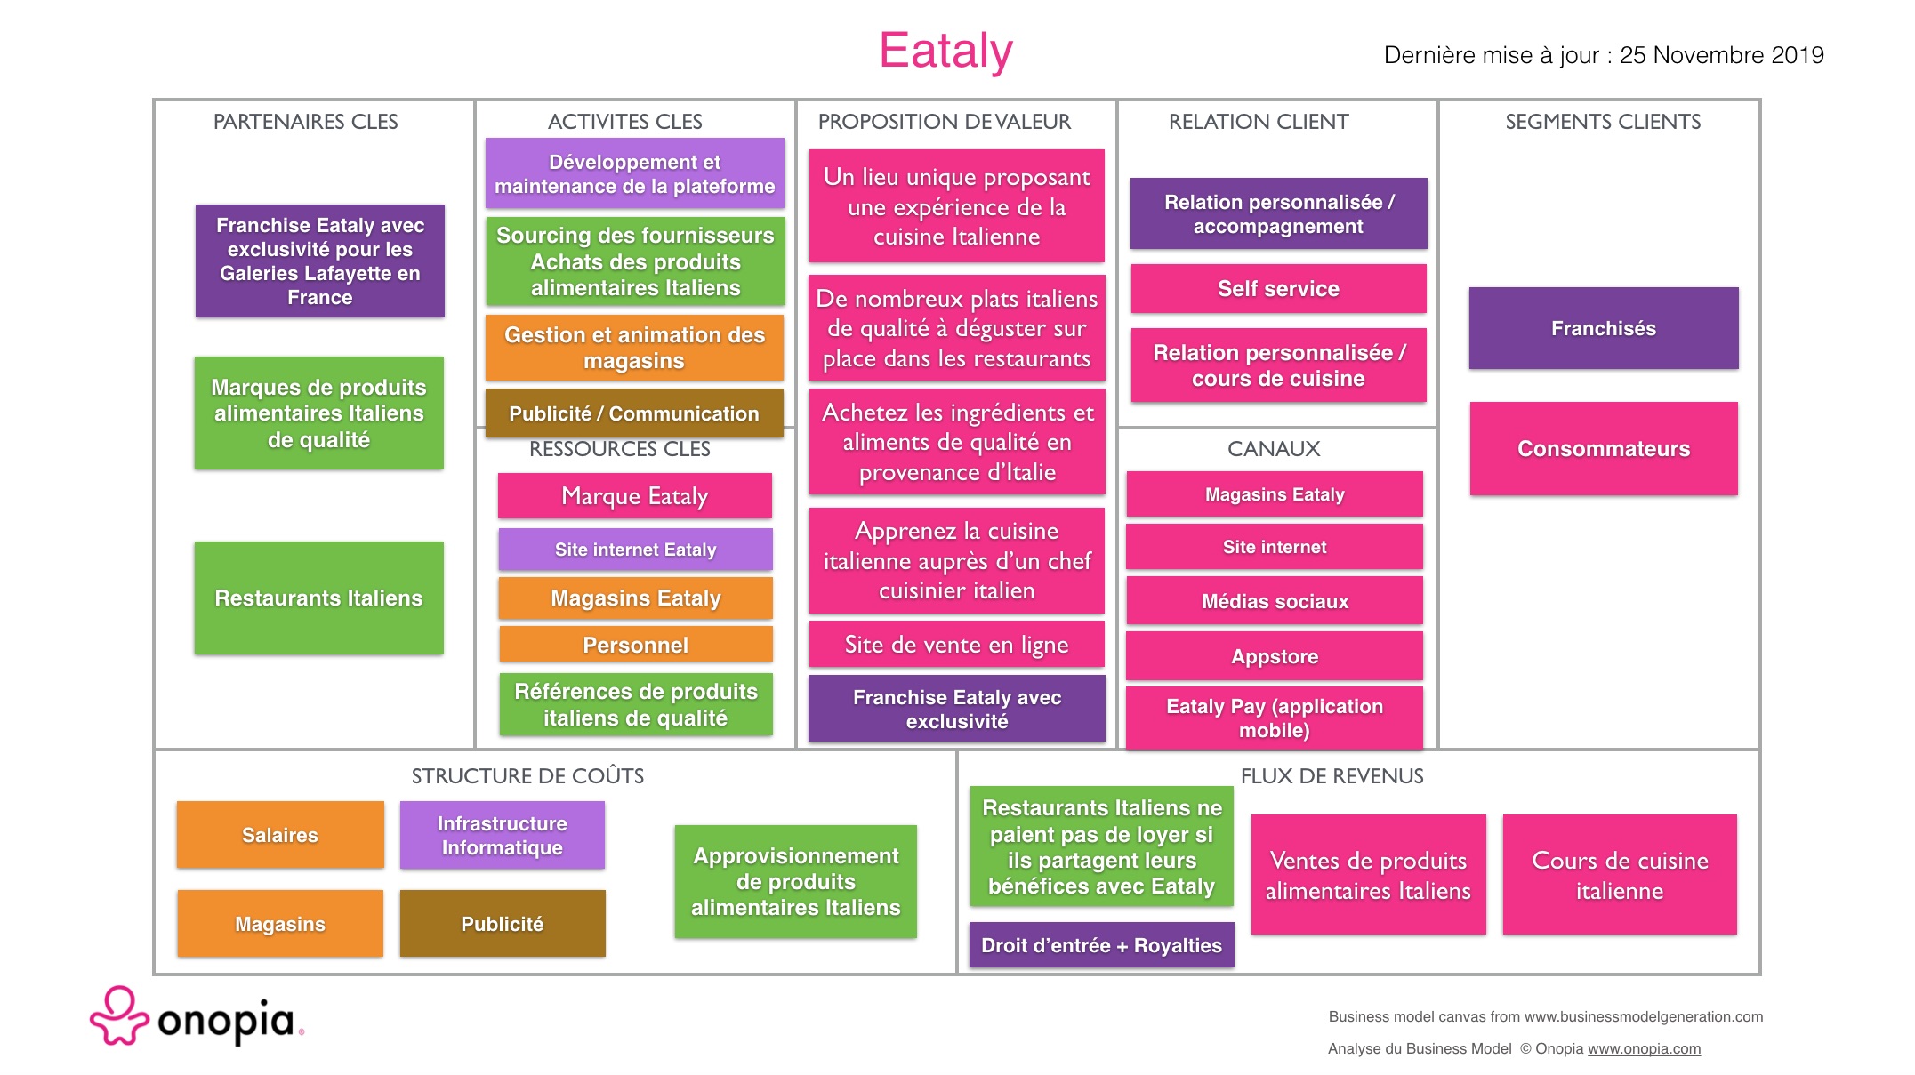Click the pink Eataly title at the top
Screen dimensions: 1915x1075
[x=945, y=51]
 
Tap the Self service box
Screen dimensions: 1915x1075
[x=1278, y=288]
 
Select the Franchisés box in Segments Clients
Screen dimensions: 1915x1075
[x=1603, y=328]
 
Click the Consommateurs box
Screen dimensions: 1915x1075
[x=1603, y=448]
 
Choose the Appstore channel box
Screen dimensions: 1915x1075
[x=1274, y=656]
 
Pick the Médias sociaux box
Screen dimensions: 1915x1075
[x=1274, y=601]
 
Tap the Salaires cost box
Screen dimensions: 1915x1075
[x=280, y=835]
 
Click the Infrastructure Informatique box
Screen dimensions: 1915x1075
[x=502, y=835]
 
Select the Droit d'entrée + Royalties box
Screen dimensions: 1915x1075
[x=1101, y=945]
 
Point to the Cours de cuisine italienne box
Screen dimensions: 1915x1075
[x=1619, y=875]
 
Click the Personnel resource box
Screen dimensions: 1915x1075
[x=635, y=645]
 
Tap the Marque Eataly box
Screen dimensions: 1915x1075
[x=634, y=496]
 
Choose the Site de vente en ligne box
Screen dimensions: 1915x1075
[x=956, y=644]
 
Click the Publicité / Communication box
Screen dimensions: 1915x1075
[x=634, y=413]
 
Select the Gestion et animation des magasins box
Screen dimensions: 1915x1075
[x=634, y=348]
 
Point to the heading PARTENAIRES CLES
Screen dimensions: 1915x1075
[x=305, y=122]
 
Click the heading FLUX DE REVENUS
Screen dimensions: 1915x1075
[x=1332, y=776]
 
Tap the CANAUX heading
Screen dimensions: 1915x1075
[x=1274, y=449]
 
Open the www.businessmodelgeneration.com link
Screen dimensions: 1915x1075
[x=1643, y=1016]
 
